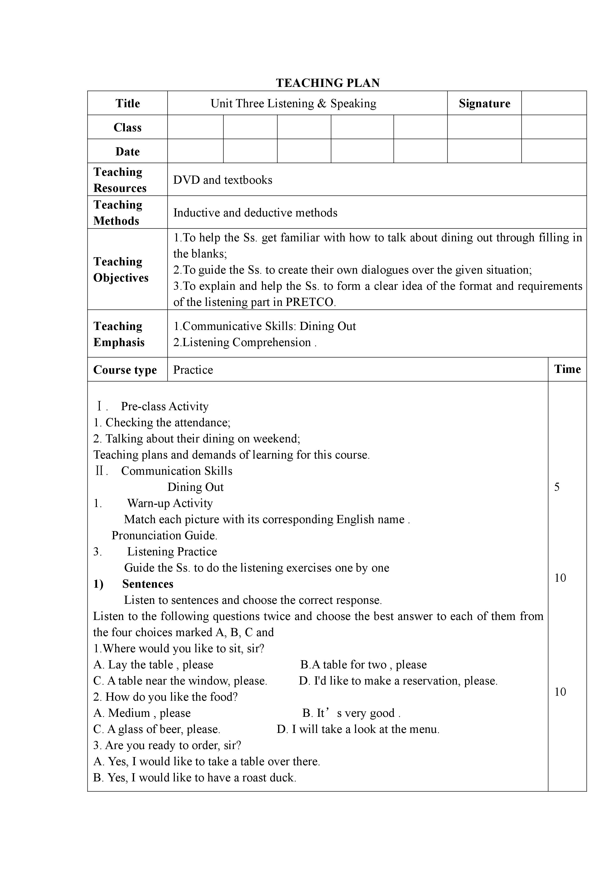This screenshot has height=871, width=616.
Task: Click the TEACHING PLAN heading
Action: [328, 83]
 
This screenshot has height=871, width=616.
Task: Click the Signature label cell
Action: [484, 104]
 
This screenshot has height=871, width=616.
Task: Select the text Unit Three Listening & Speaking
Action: [293, 104]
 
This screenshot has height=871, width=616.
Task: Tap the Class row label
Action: [127, 127]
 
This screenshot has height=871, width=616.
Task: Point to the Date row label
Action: [127, 152]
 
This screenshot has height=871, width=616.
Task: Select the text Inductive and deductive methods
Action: [255, 213]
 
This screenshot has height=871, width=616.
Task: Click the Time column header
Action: [567, 369]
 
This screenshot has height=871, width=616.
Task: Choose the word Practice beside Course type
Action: [193, 370]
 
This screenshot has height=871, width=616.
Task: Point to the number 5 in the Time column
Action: [557, 487]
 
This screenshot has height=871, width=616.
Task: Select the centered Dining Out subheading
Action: [195, 487]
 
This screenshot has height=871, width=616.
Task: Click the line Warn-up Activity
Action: [170, 503]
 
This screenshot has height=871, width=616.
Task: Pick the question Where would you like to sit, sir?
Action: [179, 649]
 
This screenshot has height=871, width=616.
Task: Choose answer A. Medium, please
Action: [142, 713]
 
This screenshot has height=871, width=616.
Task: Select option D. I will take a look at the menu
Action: [358, 729]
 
